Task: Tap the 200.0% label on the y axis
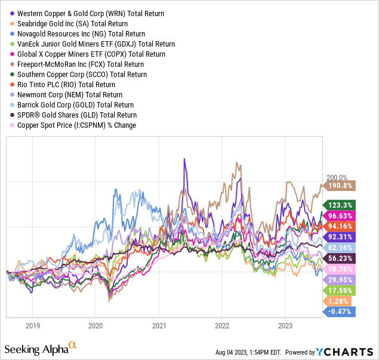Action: coord(337,177)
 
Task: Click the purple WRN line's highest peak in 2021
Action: coord(184,159)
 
